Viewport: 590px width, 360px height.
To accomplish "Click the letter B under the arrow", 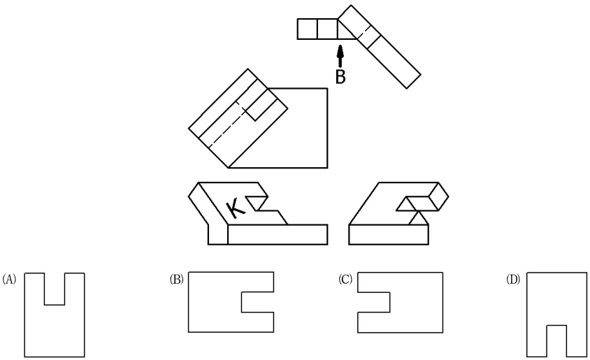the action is (340, 77).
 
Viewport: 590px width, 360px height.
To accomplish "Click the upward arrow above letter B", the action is (340, 57).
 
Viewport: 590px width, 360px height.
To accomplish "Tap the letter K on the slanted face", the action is (236, 209).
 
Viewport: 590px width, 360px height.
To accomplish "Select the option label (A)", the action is (9, 280).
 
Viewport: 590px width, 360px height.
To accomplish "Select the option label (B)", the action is (176, 280).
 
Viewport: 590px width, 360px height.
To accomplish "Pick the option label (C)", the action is (345, 280).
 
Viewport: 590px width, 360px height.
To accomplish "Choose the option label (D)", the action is (513, 280).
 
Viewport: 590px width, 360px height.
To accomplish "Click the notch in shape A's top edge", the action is (55, 289).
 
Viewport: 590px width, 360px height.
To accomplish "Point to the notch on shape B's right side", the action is (257, 302).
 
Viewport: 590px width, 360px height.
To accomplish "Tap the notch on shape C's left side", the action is (373, 302).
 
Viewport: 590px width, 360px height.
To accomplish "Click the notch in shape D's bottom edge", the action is (556, 341).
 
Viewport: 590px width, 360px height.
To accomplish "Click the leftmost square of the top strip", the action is (308, 29).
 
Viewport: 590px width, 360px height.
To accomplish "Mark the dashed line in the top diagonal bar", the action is (364, 31).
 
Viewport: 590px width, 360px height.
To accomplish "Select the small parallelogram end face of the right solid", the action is (438, 196).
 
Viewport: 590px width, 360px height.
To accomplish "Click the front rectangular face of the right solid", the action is (389, 235).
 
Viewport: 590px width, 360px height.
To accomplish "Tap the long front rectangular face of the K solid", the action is (278, 235).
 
